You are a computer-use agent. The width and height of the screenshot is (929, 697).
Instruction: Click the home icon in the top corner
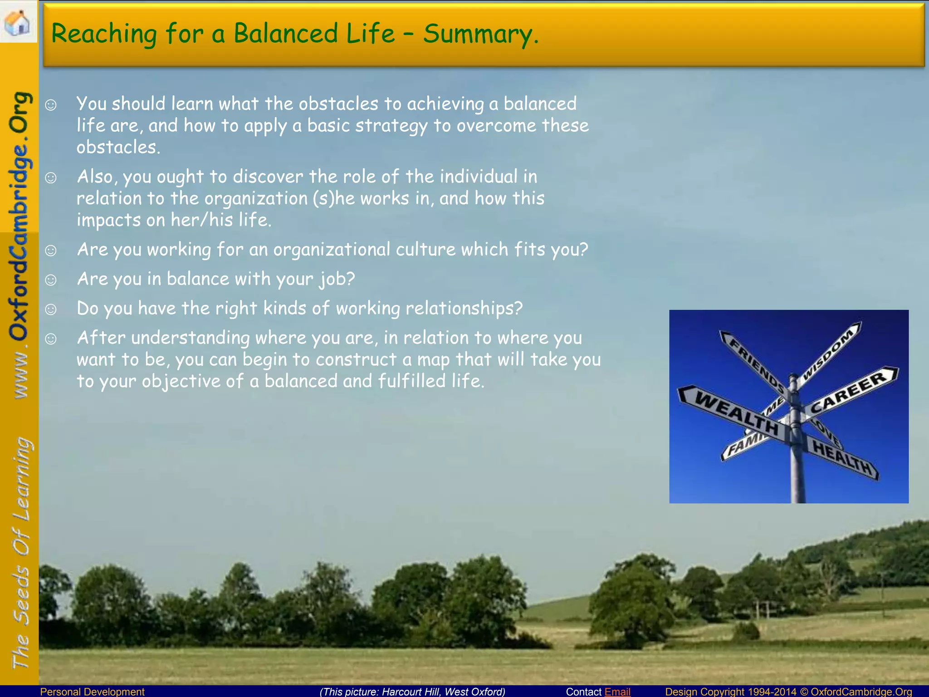pos(17,21)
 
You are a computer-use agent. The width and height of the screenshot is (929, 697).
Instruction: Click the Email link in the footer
pos(617,692)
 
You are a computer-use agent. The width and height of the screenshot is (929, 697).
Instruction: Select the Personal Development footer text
pos(92,692)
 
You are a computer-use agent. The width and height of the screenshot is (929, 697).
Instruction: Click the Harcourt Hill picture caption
pos(412,692)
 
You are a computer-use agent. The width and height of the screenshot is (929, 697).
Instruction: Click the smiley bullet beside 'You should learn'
pos(51,105)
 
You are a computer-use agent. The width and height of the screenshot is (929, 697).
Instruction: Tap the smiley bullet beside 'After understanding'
pos(51,339)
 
